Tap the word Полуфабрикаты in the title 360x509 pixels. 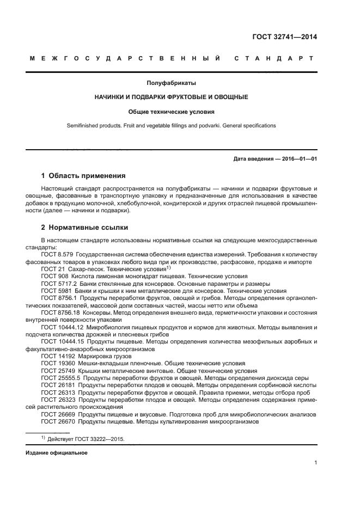172,83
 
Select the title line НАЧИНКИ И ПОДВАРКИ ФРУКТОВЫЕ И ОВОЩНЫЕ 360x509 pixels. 172,97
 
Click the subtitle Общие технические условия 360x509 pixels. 172,111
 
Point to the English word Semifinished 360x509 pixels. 84,125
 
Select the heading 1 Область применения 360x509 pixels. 83,176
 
